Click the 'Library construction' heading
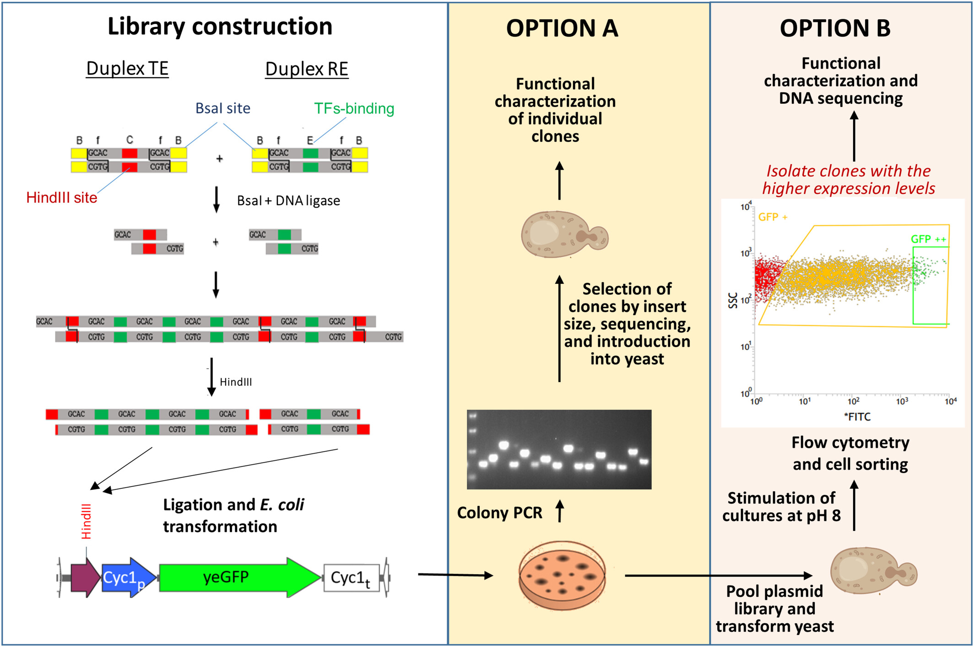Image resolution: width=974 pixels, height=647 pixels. (x=220, y=27)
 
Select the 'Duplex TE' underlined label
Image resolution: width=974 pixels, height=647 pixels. (x=127, y=69)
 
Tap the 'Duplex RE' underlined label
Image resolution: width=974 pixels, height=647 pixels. (x=307, y=69)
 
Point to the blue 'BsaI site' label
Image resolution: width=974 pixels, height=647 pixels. (x=222, y=108)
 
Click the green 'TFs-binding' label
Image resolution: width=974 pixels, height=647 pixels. (x=354, y=108)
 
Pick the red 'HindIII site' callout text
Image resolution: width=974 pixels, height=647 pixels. (x=62, y=198)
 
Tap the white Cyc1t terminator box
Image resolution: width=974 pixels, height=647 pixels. (x=352, y=578)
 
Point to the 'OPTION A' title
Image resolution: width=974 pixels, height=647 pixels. (x=562, y=28)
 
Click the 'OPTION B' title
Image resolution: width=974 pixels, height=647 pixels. (x=835, y=28)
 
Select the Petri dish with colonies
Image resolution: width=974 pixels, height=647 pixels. (x=562, y=575)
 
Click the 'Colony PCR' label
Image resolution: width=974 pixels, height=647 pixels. (x=499, y=513)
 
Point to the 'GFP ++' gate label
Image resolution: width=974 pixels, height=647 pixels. (x=928, y=239)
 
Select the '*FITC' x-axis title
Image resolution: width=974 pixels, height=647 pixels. (x=857, y=417)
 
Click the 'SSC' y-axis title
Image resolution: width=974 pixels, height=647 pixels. (x=733, y=300)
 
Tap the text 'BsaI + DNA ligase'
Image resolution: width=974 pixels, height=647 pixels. (x=288, y=201)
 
